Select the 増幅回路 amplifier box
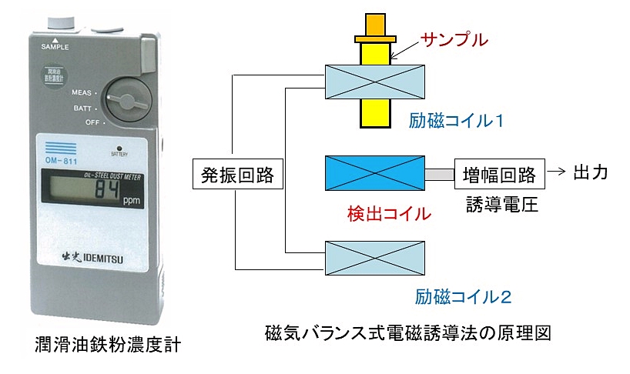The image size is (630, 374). coord(499,174)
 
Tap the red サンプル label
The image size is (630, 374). coord(453,39)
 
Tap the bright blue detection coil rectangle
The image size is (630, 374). coord(375,173)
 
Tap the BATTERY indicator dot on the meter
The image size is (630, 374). coord(119,146)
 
